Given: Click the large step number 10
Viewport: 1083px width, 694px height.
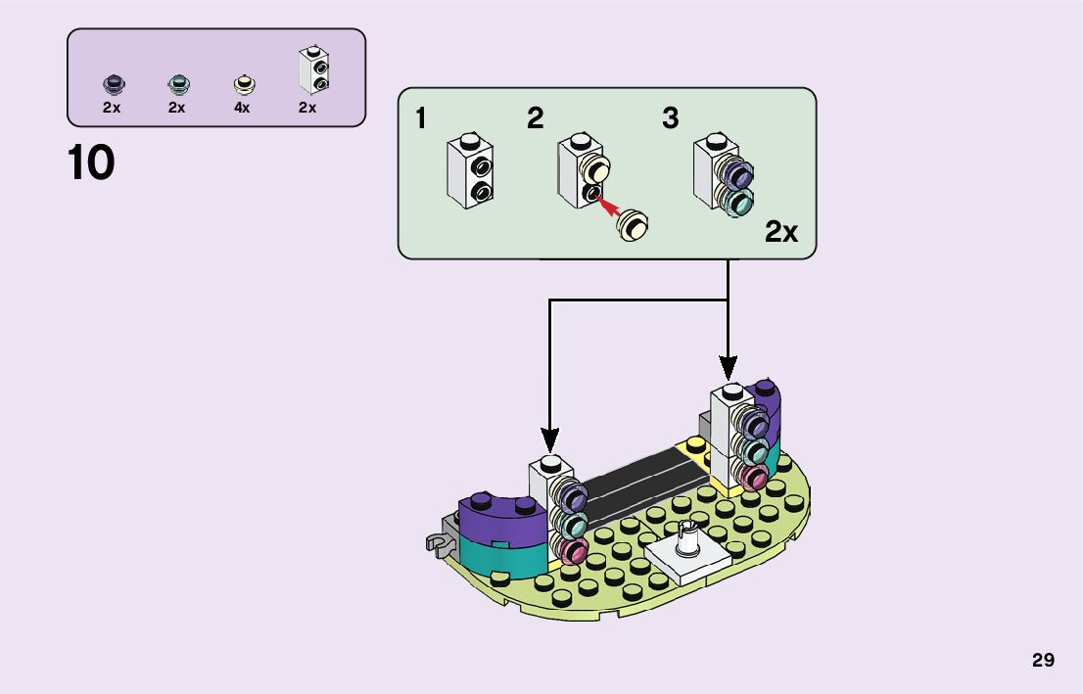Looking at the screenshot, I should click(91, 163).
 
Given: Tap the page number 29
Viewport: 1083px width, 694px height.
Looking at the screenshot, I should click(1043, 660).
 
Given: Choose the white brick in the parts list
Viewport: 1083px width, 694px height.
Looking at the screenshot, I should click(313, 70).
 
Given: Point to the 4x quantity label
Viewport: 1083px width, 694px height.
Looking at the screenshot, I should click(242, 108).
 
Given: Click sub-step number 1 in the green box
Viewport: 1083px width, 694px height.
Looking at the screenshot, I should click(420, 119).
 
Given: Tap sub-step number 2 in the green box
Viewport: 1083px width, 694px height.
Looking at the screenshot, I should click(535, 119).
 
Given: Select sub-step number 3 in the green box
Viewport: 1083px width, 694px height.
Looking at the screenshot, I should click(670, 119).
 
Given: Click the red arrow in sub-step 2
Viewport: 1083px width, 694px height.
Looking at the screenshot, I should click(609, 205).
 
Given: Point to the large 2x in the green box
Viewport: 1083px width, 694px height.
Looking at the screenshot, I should click(781, 232).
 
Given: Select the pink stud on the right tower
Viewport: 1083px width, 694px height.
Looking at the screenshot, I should click(755, 479).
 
